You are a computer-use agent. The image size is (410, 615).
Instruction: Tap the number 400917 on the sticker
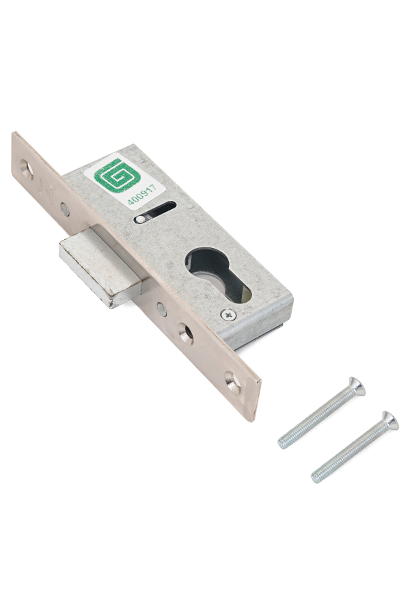[141, 194]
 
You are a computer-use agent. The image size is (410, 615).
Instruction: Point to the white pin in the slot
[140, 219]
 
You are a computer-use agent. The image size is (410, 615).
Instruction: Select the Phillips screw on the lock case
[228, 314]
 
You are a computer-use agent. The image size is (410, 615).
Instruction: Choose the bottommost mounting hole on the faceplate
[232, 382]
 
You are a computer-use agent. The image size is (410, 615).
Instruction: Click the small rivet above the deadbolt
[65, 210]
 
